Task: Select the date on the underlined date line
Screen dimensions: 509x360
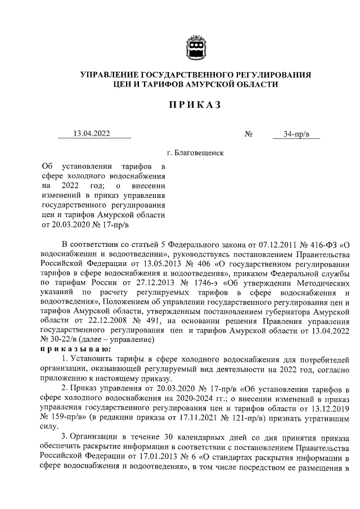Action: click(x=92, y=134)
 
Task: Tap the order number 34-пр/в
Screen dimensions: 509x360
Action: click(x=294, y=134)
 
